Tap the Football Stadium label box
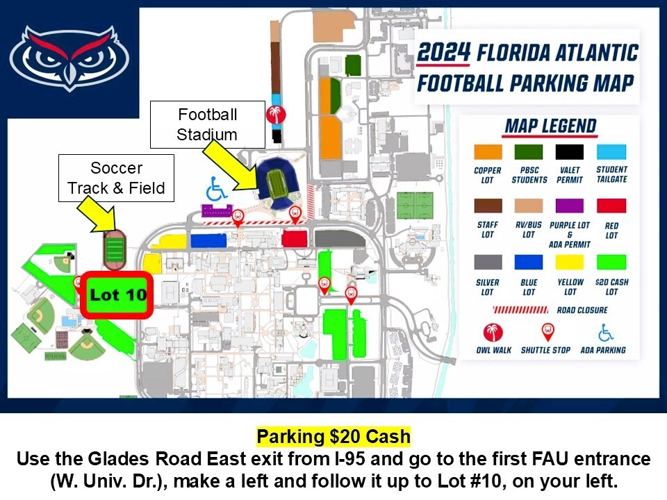[x=208, y=124]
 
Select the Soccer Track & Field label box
[x=116, y=178]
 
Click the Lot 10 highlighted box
[x=117, y=294]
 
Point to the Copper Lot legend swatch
[x=488, y=152]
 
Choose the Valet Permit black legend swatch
[x=570, y=152]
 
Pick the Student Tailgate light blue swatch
[x=611, y=152]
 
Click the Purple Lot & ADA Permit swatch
[x=570, y=206]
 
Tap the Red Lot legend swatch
[x=611, y=206]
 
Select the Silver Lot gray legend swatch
[x=488, y=262]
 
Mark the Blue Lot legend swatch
[x=529, y=262]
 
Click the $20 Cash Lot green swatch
[x=611, y=262]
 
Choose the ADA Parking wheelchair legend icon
[x=606, y=333]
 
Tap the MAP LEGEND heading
[x=550, y=126]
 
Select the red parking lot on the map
[x=294, y=238]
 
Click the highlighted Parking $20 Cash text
[x=333, y=437]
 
